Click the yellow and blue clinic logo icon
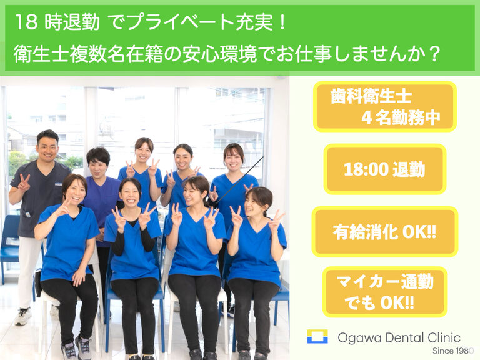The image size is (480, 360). [317, 336]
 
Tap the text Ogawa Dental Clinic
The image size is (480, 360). [399, 338]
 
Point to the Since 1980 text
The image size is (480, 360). [453, 351]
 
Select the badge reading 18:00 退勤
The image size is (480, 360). [385, 169]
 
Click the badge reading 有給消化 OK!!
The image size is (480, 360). [385, 232]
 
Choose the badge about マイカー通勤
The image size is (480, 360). [385, 292]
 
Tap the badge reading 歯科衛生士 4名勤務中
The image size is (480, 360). [385, 106]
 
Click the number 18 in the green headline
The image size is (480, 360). [26, 22]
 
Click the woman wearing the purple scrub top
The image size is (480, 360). [100, 196]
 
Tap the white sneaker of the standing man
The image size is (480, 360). [23, 316]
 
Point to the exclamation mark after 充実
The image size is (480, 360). [282, 22]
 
